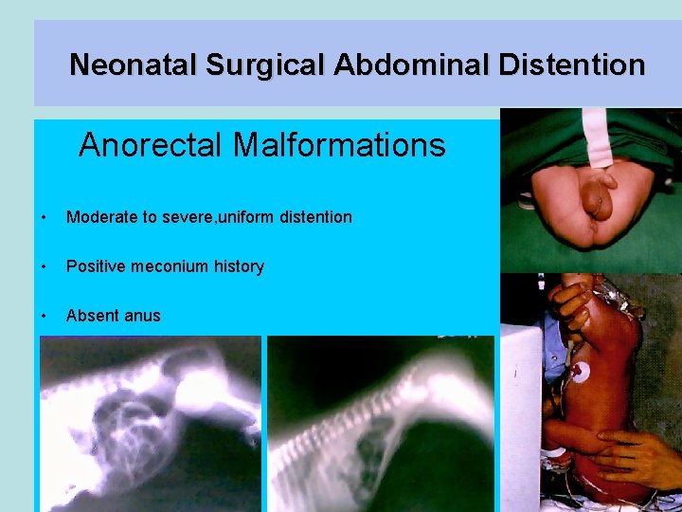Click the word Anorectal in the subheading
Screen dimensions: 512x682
[152, 145]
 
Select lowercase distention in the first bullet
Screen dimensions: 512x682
[315, 217]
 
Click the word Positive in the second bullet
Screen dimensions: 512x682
[93, 266]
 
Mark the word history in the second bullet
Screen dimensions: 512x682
[239, 266]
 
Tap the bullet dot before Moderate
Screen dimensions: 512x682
[45, 218]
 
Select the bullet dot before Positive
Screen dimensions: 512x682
[45, 267]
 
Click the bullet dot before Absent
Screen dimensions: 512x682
[45, 317]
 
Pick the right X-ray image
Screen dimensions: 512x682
[381, 424]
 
